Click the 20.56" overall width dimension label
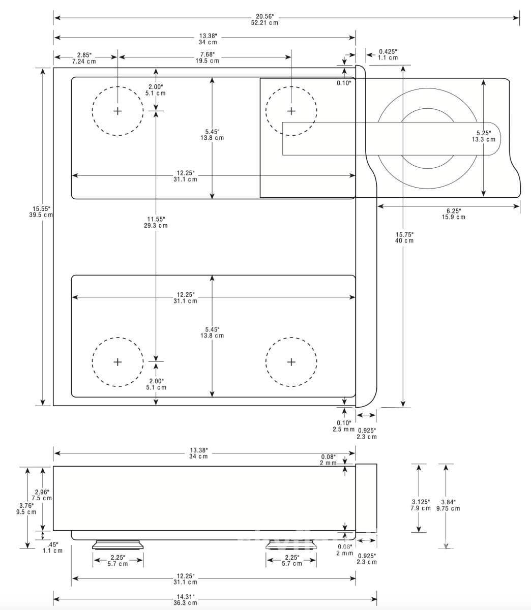(264, 20)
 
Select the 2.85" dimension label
(84, 58)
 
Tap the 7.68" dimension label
(208, 57)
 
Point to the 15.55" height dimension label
(41, 211)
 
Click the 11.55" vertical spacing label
(156, 223)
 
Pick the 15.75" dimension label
(404, 237)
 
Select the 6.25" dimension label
(454, 214)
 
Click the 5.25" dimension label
(484, 136)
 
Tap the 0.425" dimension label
(388, 54)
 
